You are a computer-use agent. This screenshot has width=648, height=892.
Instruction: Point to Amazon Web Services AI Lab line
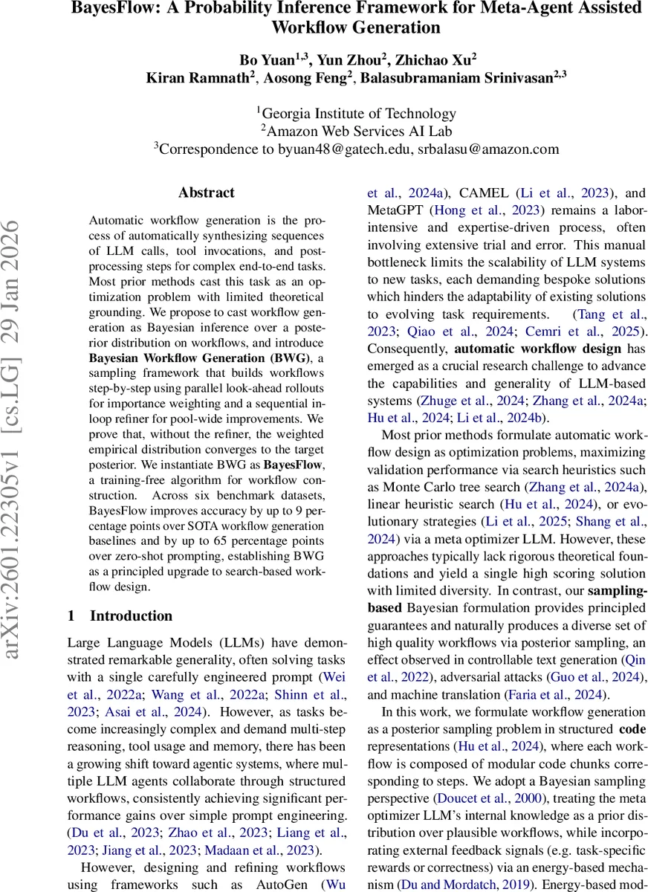click(x=359, y=131)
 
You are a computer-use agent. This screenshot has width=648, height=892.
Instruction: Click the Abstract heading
click(x=206, y=193)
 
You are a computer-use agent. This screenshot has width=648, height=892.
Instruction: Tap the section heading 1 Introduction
click(x=120, y=615)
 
